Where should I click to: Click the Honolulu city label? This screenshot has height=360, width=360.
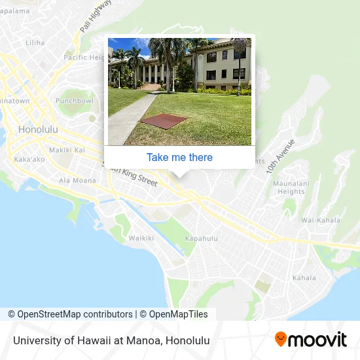point(38,130)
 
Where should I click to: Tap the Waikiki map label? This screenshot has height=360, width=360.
point(141,238)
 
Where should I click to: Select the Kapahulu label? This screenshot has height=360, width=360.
point(202,238)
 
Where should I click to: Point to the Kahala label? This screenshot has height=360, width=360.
point(304,278)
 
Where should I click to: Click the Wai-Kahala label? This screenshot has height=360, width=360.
point(319,221)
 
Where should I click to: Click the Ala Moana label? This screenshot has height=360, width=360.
point(77,180)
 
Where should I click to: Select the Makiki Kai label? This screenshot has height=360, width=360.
point(67,150)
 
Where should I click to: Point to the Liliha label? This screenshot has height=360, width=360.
point(35,43)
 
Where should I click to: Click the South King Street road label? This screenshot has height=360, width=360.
point(134,175)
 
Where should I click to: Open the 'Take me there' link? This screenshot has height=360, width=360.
point(179,157)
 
